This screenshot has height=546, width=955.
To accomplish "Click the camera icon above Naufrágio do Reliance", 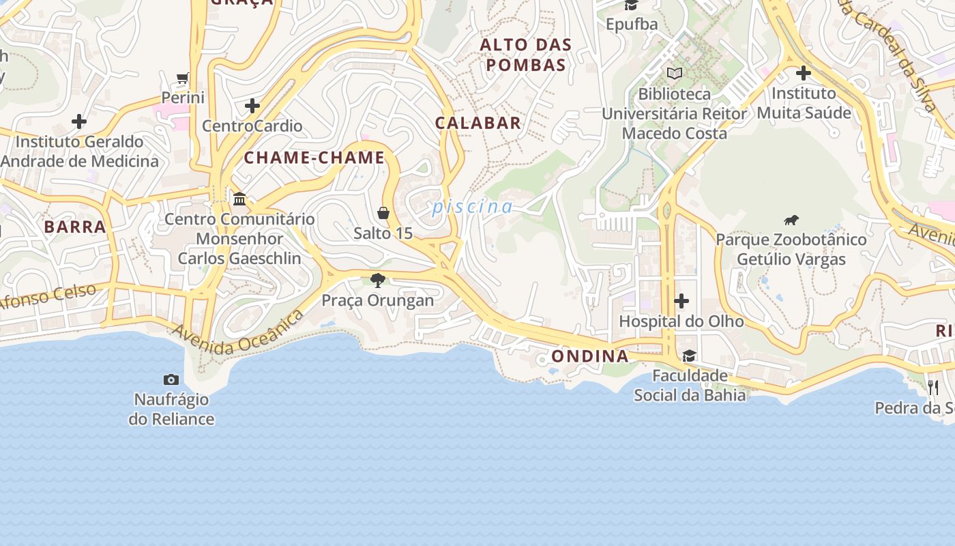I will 171,379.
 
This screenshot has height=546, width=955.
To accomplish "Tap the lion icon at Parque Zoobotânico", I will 791,220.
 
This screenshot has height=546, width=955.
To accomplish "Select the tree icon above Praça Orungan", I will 377,280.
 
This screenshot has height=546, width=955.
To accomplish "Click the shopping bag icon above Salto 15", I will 383,213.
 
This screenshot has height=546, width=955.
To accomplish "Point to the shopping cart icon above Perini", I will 183,78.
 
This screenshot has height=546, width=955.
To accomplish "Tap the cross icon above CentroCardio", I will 252,106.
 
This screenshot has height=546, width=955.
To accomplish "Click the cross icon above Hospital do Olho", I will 681,301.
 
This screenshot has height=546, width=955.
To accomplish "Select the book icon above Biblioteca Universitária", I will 675,73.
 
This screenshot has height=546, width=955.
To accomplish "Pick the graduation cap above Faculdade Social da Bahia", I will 690,356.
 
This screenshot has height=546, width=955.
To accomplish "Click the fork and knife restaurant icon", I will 933,387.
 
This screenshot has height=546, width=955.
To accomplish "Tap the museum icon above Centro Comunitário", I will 239,199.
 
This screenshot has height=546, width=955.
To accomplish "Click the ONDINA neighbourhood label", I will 590,356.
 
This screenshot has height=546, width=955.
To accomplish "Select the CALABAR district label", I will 478,123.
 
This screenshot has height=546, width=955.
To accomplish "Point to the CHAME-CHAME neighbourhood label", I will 314,158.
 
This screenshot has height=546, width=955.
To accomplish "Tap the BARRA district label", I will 75,227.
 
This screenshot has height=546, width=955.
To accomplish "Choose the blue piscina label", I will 472,207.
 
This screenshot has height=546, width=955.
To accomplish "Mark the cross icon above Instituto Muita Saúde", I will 804,72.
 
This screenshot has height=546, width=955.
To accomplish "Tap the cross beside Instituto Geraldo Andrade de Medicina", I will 79,121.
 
